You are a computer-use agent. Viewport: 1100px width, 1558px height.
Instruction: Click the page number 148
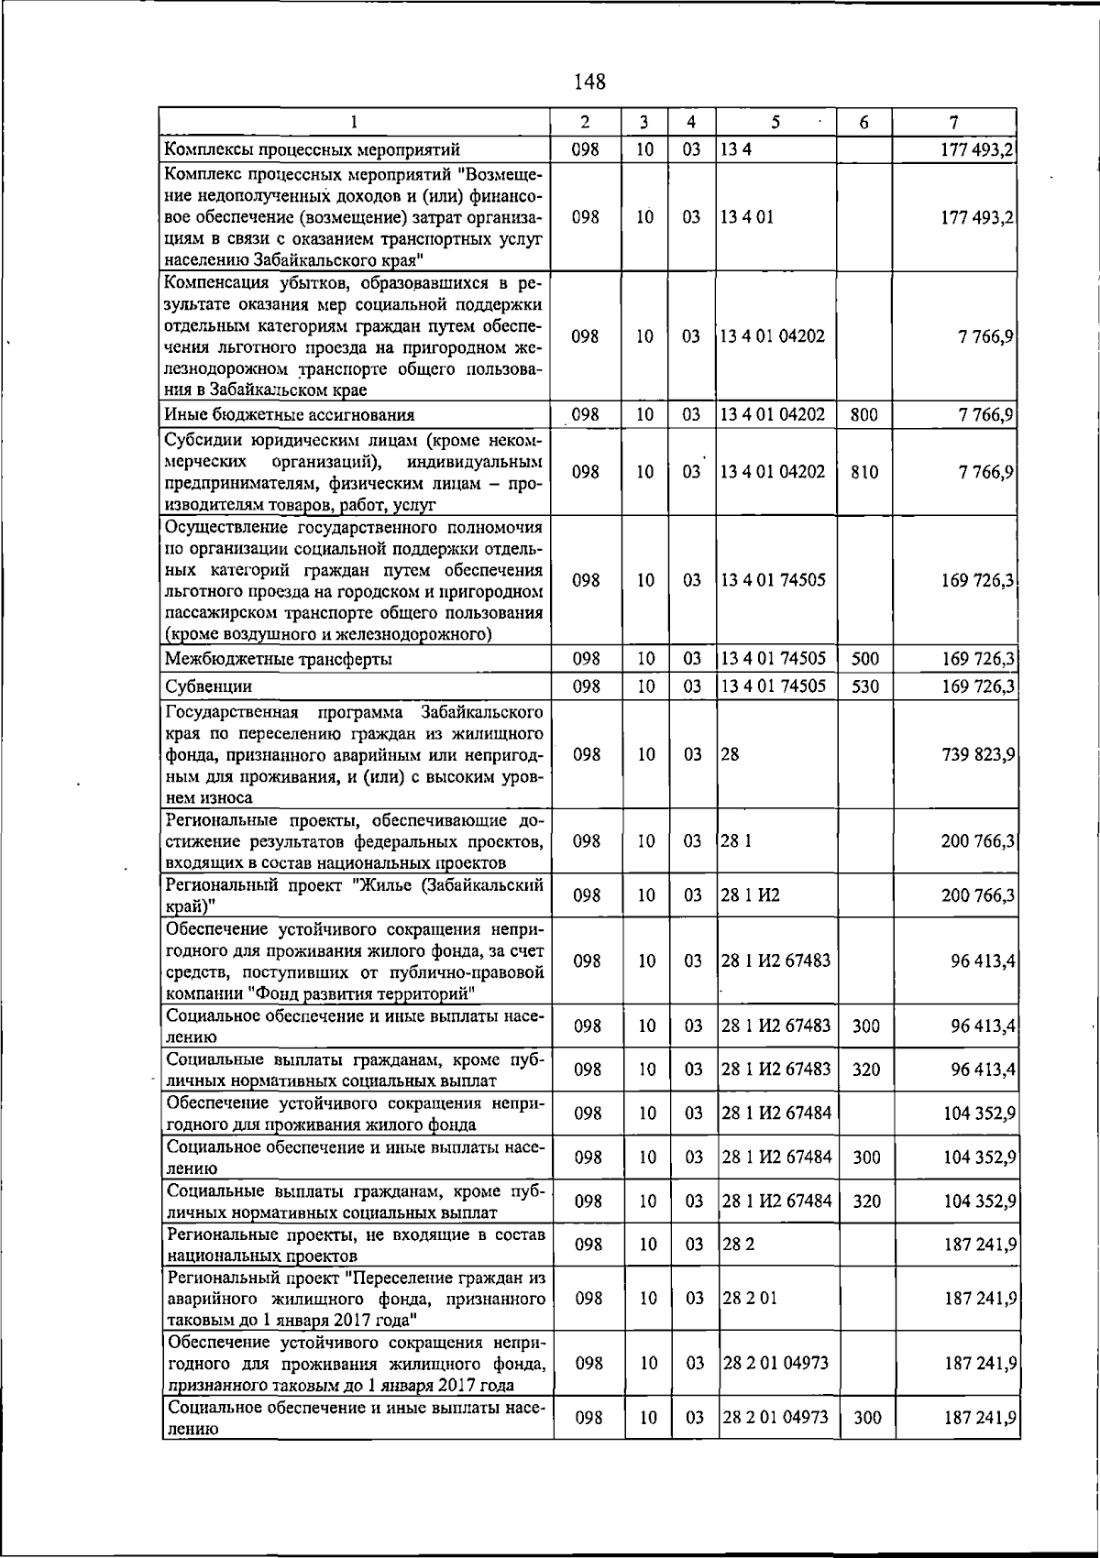coord(589,82)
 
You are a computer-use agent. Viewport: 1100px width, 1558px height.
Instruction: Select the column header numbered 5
coord(775,122)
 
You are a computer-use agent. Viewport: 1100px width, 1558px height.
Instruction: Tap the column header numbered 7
coord(954,122)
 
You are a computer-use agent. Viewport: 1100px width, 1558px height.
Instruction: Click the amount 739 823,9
coord(977,754)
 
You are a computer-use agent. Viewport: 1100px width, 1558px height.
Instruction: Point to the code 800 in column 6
coord(863,415)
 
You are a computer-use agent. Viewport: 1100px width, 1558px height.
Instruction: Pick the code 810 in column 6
coord(863,472)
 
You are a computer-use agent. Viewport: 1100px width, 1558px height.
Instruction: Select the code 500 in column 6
coord(863,659)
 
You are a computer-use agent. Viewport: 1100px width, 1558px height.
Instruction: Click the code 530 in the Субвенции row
coord(863,686)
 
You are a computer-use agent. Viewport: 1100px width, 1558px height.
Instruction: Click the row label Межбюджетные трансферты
coord(279,659)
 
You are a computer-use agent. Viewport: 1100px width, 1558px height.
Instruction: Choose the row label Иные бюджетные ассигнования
coord(290,415)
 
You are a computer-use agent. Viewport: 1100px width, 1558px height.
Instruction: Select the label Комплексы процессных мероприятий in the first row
coord(312,149)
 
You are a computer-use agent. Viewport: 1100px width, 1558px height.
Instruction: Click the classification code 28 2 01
coord(750,1299)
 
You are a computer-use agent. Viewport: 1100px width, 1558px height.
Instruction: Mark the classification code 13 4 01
coord(747,217)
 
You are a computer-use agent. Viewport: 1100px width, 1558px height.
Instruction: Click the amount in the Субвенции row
coord(977,686)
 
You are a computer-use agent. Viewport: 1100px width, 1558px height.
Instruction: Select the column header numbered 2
coord(585,122)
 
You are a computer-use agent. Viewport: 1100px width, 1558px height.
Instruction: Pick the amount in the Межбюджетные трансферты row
coord(977,659)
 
